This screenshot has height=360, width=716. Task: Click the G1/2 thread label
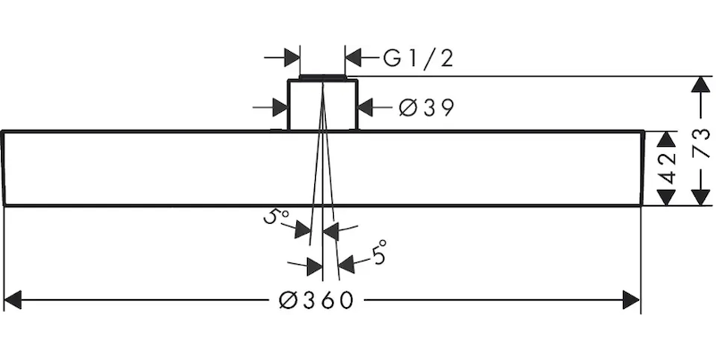[x=419, y=59]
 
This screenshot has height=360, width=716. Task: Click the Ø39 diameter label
[x=425, y=108]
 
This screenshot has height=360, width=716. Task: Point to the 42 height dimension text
[x=666, y=168]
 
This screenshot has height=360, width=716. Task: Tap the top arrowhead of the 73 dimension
[x=697, y=84]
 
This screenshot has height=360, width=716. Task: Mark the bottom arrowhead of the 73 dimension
[x=697, y=198]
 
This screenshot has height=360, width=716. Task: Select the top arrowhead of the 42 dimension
[x=665, y=139]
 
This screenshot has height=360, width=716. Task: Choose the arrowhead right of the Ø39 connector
[x=365, y=107]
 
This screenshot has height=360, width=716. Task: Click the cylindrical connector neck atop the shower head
[x=322, y=106]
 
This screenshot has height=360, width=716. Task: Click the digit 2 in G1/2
[x=447, y=59]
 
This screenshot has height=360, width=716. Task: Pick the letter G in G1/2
[x=392, y=59]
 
